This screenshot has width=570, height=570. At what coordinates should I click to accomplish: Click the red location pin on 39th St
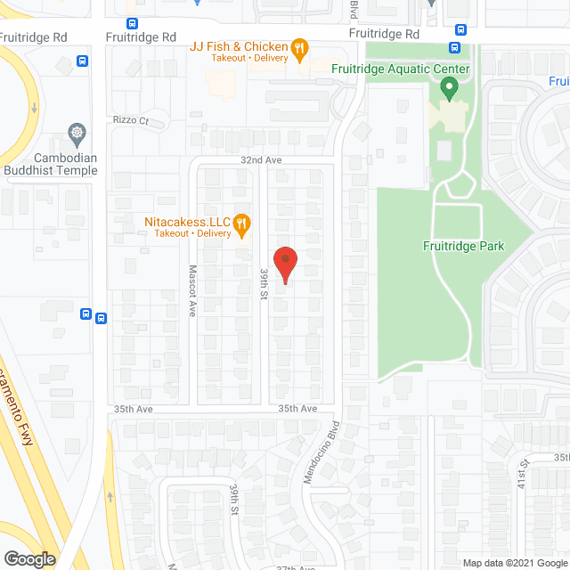coord(284,264)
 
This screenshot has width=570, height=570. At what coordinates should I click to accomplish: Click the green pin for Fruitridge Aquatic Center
coord(449,88)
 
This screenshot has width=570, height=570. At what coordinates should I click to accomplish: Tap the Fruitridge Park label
coord(464,246)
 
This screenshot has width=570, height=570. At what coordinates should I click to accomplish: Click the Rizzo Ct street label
coord(130,120)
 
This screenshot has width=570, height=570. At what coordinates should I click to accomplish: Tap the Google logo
coord(28,558)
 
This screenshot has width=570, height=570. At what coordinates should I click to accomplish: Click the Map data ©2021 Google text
coord(515,563)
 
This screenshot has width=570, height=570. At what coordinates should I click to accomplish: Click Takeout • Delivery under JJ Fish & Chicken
coord(249,57)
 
